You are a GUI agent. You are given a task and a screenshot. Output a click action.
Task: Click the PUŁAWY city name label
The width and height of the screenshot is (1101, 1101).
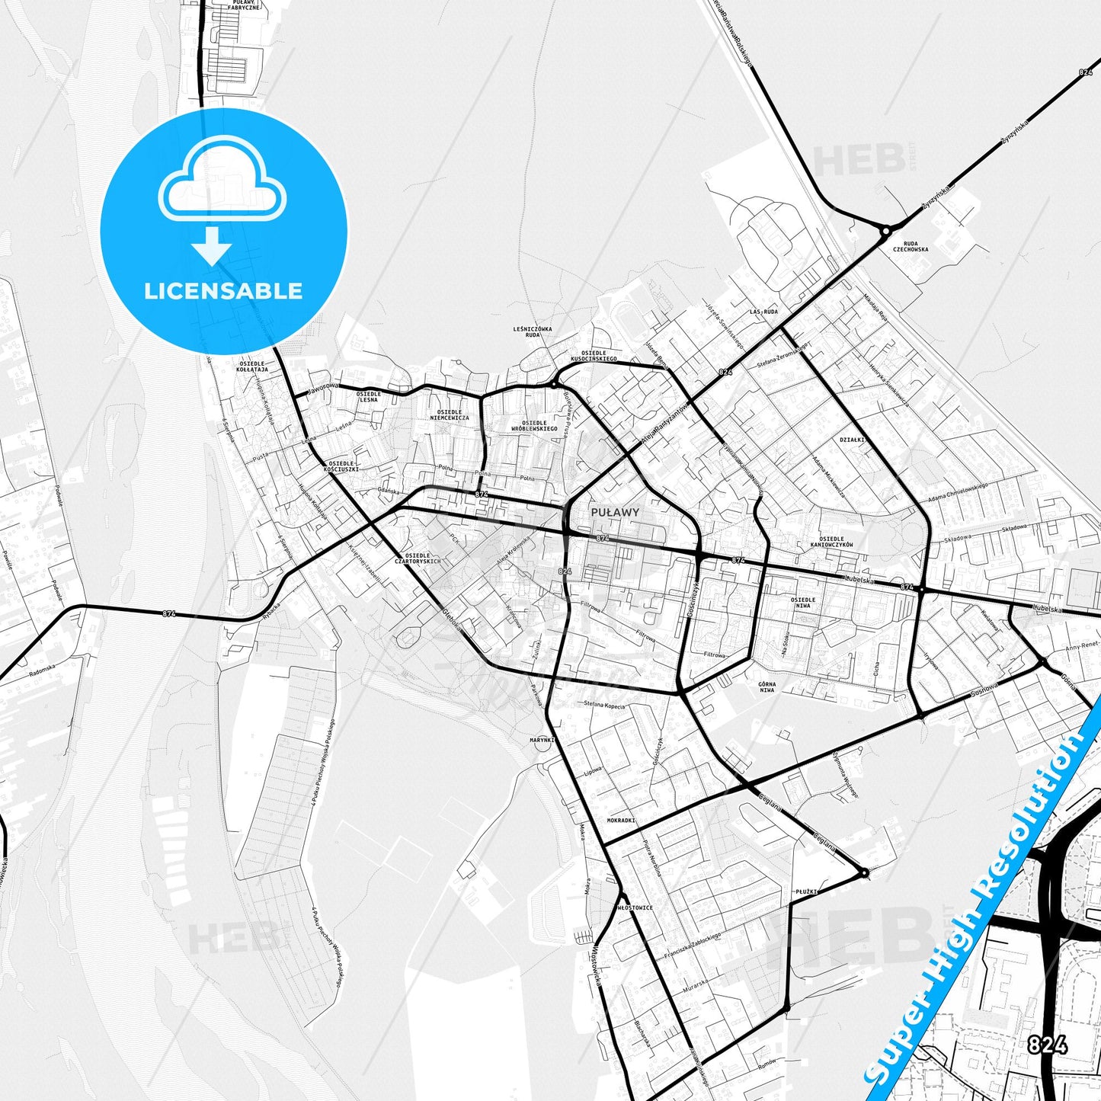click(x=615, y=512)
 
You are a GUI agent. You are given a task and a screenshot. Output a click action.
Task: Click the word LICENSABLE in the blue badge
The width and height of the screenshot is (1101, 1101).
click(x=223, y=290)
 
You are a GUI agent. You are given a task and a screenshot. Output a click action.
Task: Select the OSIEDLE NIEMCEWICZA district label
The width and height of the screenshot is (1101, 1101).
click(x=449, y=414)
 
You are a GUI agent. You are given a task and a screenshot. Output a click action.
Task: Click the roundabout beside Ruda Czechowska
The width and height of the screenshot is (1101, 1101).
click(x=885, y=230)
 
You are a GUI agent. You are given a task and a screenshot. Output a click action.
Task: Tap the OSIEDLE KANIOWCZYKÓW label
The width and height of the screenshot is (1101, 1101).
click(x=831, y=542)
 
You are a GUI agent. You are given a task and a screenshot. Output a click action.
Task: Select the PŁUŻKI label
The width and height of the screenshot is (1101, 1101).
click(x=806, y=890)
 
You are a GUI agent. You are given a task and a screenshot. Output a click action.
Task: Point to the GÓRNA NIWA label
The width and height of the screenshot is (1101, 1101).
click(x=767, y=687)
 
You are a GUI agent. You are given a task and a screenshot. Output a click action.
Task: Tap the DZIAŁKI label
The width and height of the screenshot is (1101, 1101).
click(x=852, y=440)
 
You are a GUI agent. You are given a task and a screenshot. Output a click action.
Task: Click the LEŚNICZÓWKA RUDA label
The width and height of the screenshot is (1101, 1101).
click(x=533, y=331)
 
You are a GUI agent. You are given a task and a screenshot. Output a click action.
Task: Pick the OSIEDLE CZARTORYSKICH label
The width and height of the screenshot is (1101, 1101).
click(x=423, y=558)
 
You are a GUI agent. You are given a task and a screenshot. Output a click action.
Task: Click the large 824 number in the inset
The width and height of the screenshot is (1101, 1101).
click(x=1046, y=1045)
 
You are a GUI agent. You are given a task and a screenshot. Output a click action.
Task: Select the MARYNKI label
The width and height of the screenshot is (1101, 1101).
click(x=542, y=739)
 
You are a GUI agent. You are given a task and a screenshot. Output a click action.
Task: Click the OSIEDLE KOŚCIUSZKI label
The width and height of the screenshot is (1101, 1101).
click(x=341, y=466)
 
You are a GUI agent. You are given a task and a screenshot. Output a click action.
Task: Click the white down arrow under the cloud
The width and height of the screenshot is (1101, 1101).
click(x=212, y=245)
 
